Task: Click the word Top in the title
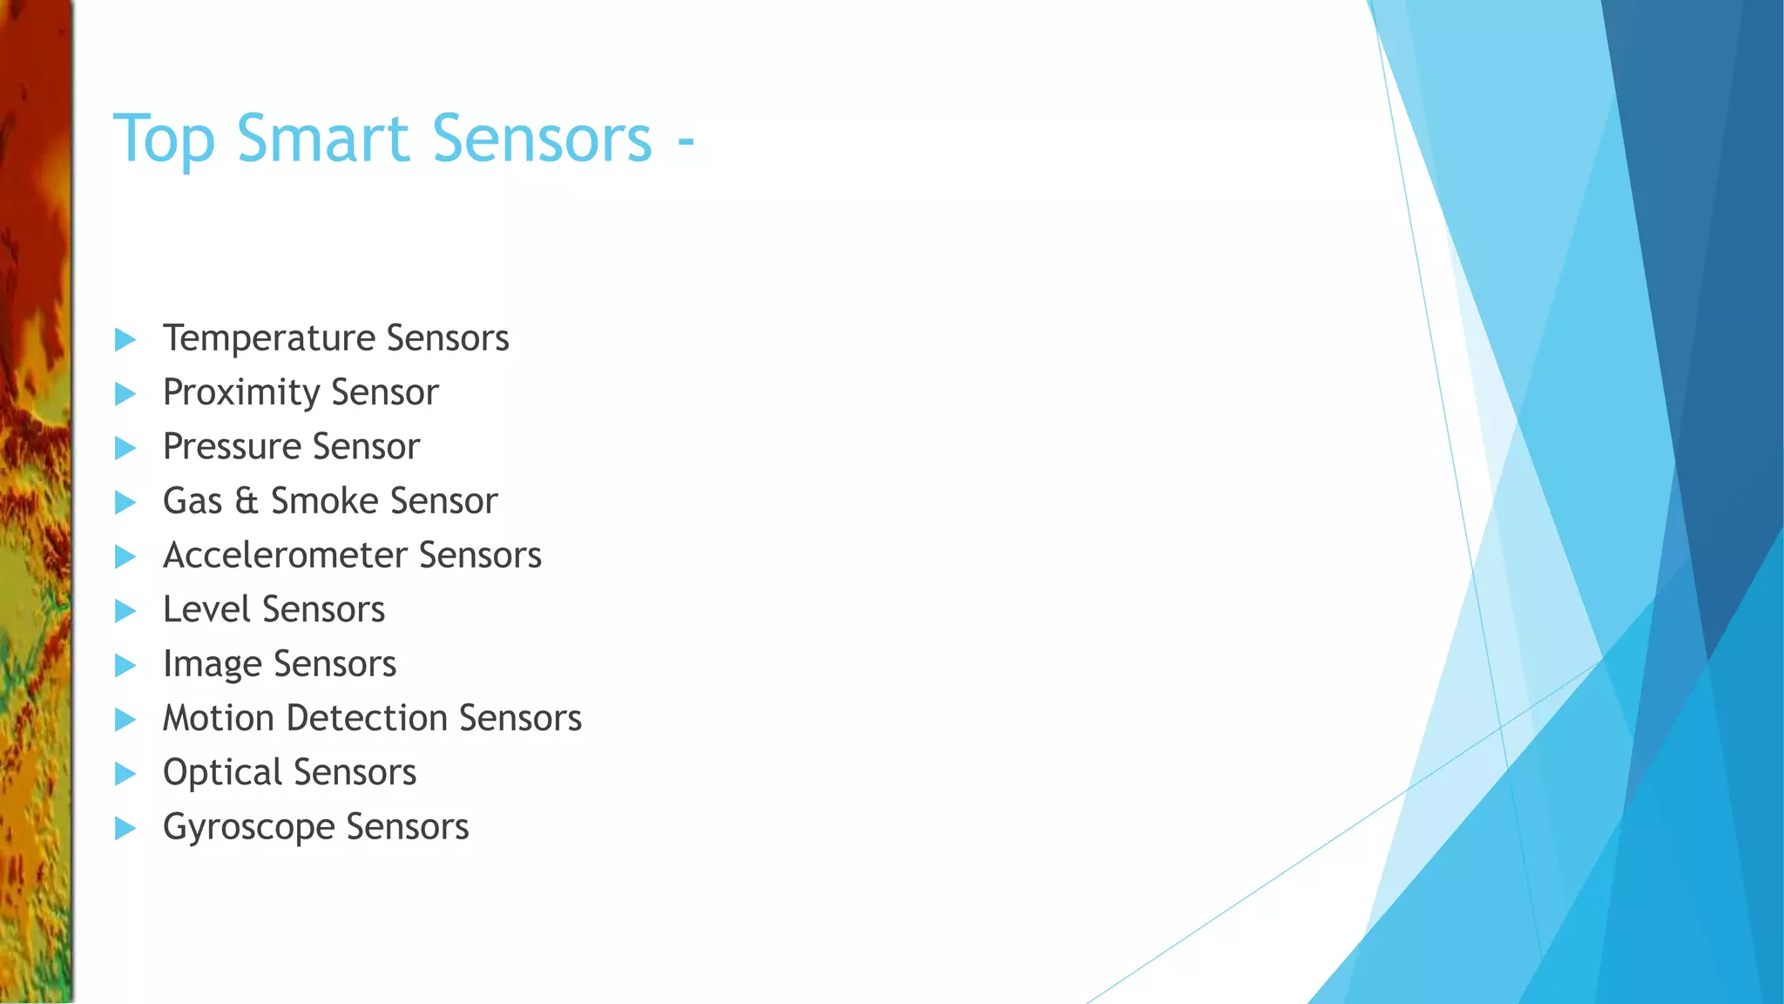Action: tap(164, 139)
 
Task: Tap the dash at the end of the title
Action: tap(686, 140)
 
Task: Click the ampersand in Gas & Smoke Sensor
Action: tap(247, 501)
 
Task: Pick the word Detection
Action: tap(366, 718)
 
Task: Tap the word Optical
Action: tap(222, 773)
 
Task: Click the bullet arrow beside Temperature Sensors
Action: tap(125, 340)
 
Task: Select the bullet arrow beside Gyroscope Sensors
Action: tap(125, 828)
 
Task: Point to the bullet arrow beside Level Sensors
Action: tap(125, 611)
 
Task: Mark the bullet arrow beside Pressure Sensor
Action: tap(125, 448)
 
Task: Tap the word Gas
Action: tap(193, 501)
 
